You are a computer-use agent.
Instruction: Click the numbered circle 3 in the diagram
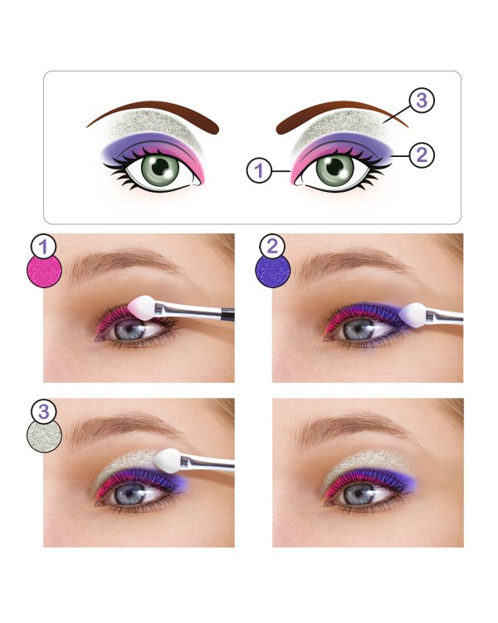coord(422,101)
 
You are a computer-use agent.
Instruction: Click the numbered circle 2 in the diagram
coord(422,155)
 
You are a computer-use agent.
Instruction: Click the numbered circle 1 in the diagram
coord(259,170)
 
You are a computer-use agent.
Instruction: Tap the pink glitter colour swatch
coord(45,271)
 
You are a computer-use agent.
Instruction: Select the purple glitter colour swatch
coord(273,271)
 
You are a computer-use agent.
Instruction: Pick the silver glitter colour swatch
coord(45,435)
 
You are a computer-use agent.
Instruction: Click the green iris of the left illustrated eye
coord(161,168)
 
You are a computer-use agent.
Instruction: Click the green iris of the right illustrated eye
coord(334,168)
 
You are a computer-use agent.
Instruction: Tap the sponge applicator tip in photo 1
coord(142,307)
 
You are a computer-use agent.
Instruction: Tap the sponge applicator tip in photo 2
coord(413,315)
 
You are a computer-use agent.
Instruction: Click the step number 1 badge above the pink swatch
coord(43,247)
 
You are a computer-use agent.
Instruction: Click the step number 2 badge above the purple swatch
coord(272,247)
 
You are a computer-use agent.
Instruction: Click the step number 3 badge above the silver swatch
coord(43,412)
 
